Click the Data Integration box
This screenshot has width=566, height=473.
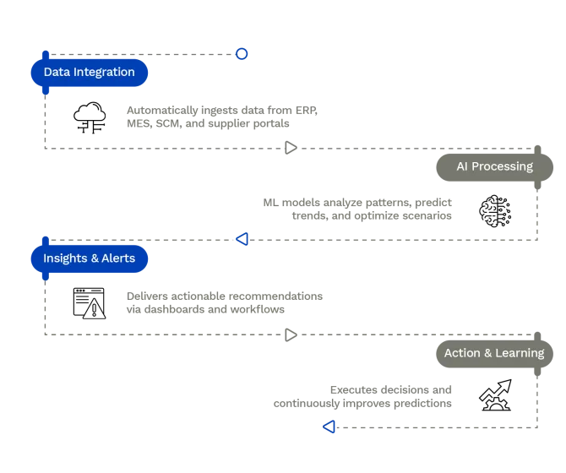coord(89,73)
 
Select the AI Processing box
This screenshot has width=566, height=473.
coord(494,166)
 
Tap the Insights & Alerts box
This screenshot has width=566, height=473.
coord(89,258)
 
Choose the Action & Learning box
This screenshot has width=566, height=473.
coord(494,353)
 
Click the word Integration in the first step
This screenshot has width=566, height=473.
coord(104,73)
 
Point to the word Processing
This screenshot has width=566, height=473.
coord(503,166)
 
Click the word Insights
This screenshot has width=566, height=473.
coord(65,258)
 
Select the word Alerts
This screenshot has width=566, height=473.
coord(118,258)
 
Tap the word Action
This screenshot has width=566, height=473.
coord(462,353)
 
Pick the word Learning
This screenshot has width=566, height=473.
coord(520,353)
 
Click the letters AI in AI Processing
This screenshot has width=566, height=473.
coord(462,166)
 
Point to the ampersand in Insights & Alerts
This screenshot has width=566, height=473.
coord(94,258)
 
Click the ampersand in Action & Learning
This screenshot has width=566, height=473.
coord(488,353)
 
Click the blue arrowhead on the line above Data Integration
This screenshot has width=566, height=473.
coord(242,54)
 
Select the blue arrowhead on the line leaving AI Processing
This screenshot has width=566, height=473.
coord(242,239)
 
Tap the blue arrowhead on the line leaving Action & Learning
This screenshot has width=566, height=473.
coord(330,427)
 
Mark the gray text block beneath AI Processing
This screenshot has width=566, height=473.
coord(359,209)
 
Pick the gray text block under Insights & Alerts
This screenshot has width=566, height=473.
coord(221,304)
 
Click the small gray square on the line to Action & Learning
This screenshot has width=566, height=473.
coord(290,334)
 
